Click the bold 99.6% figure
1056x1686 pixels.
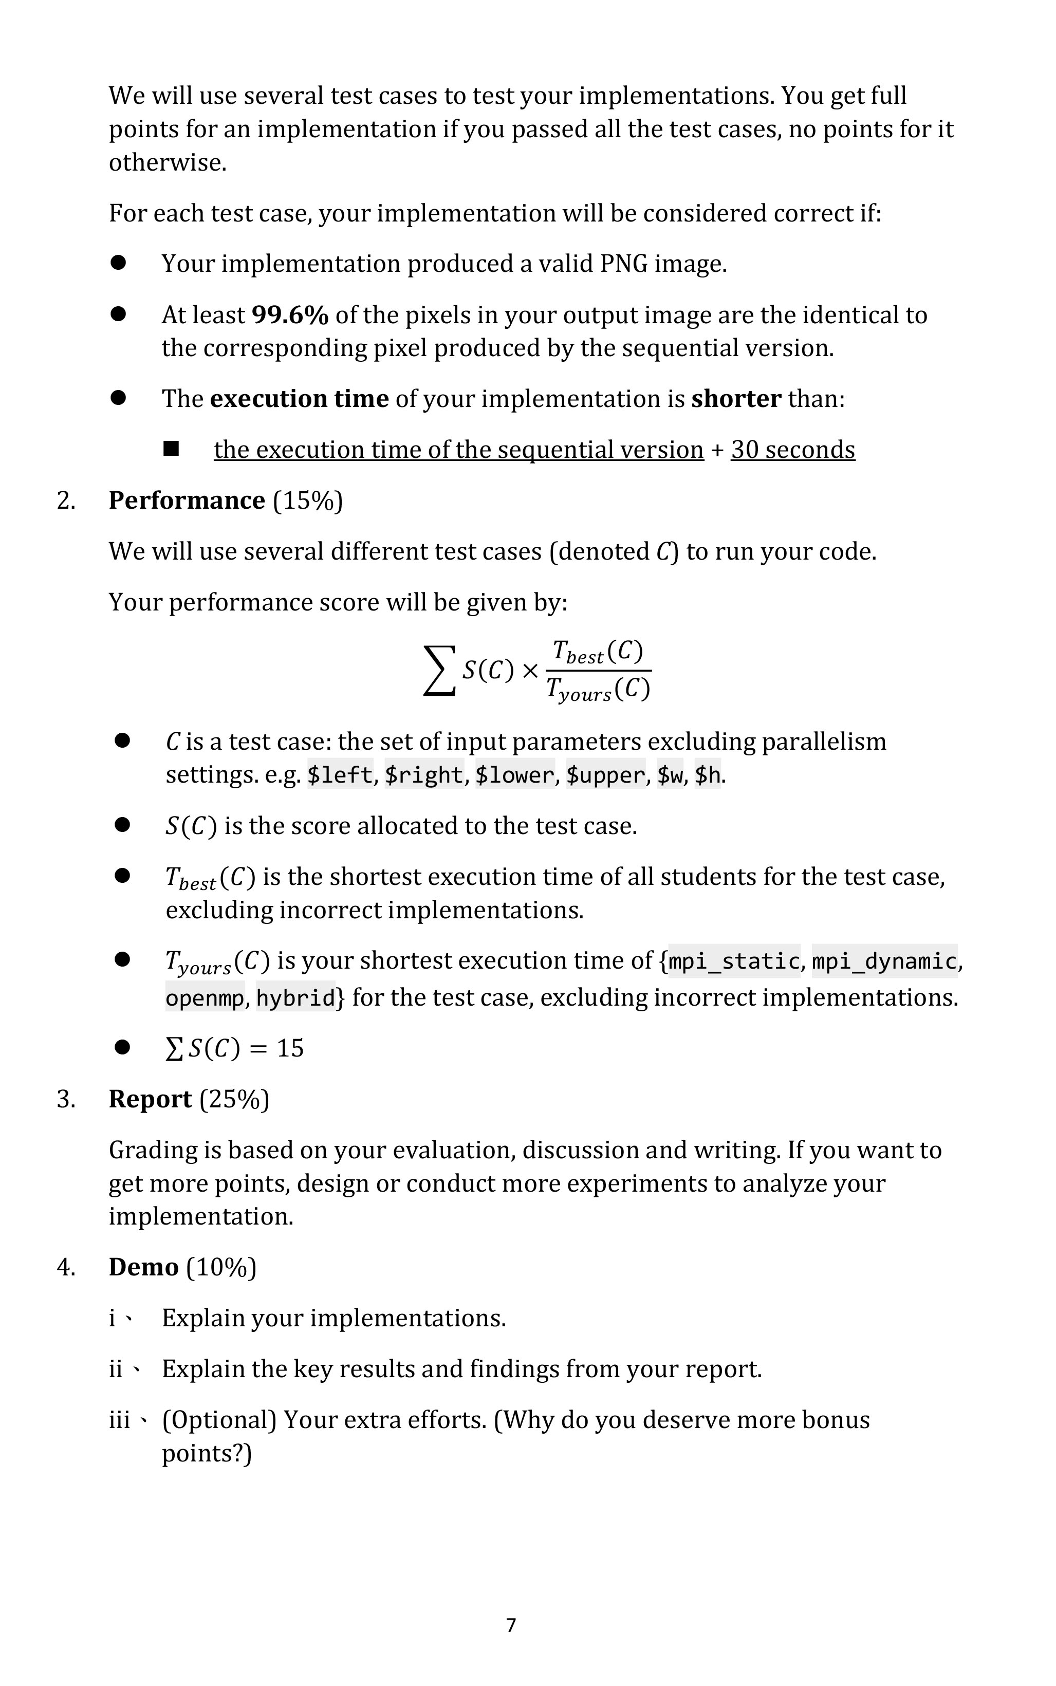289,315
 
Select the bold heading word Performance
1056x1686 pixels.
187,501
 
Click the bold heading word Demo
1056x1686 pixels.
143,1267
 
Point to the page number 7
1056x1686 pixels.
511,1625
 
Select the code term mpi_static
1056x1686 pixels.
734,962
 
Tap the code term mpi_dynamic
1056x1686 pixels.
884,962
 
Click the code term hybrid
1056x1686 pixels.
295,998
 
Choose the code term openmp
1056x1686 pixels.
205,998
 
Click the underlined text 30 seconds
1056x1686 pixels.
793,450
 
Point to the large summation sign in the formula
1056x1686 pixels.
439,671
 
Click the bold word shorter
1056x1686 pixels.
736,399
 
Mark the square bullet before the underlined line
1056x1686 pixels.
171,449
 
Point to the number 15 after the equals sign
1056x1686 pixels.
290,1048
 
